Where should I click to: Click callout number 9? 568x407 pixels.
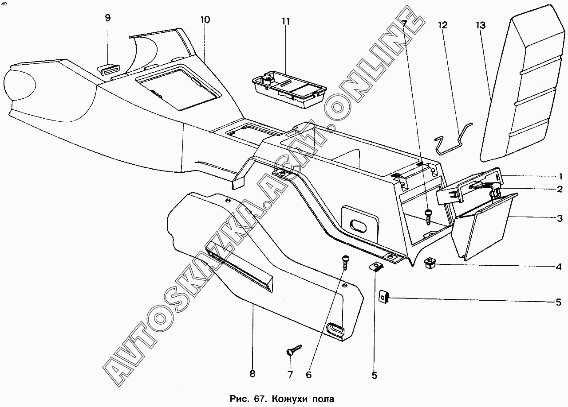coord(108,18)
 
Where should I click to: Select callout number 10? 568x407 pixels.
coord(205,20)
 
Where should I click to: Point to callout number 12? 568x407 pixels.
coord(442,25)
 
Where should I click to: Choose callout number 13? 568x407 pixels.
coord(481,25)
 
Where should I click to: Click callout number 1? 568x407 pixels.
coord(560,176)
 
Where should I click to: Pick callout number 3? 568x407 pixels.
coord(560,218)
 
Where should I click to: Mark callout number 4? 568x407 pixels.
coord(559,267)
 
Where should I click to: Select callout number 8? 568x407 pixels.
coord(252,374)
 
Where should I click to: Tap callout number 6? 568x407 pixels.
coord(308,375)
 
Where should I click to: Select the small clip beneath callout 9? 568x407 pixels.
coord(109,69)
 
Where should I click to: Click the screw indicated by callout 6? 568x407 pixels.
coord(345,262)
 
